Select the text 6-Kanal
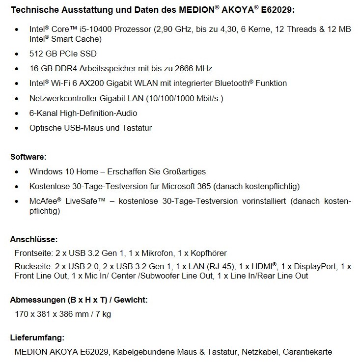(x=43, y=113)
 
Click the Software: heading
(x=28, y=157)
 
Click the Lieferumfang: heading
(x=37, y=338)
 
